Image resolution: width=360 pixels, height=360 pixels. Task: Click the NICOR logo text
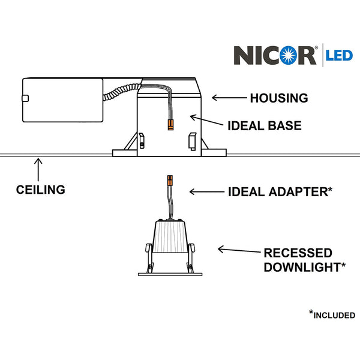[x=274, y=55]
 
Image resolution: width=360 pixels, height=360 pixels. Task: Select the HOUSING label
[x=278, y=97]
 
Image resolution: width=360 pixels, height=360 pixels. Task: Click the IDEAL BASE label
[x=264, y=127]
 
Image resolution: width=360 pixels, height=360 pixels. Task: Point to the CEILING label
[x=41, y=190]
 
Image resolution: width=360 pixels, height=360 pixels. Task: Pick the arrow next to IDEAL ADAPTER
[x=205, y=192]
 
